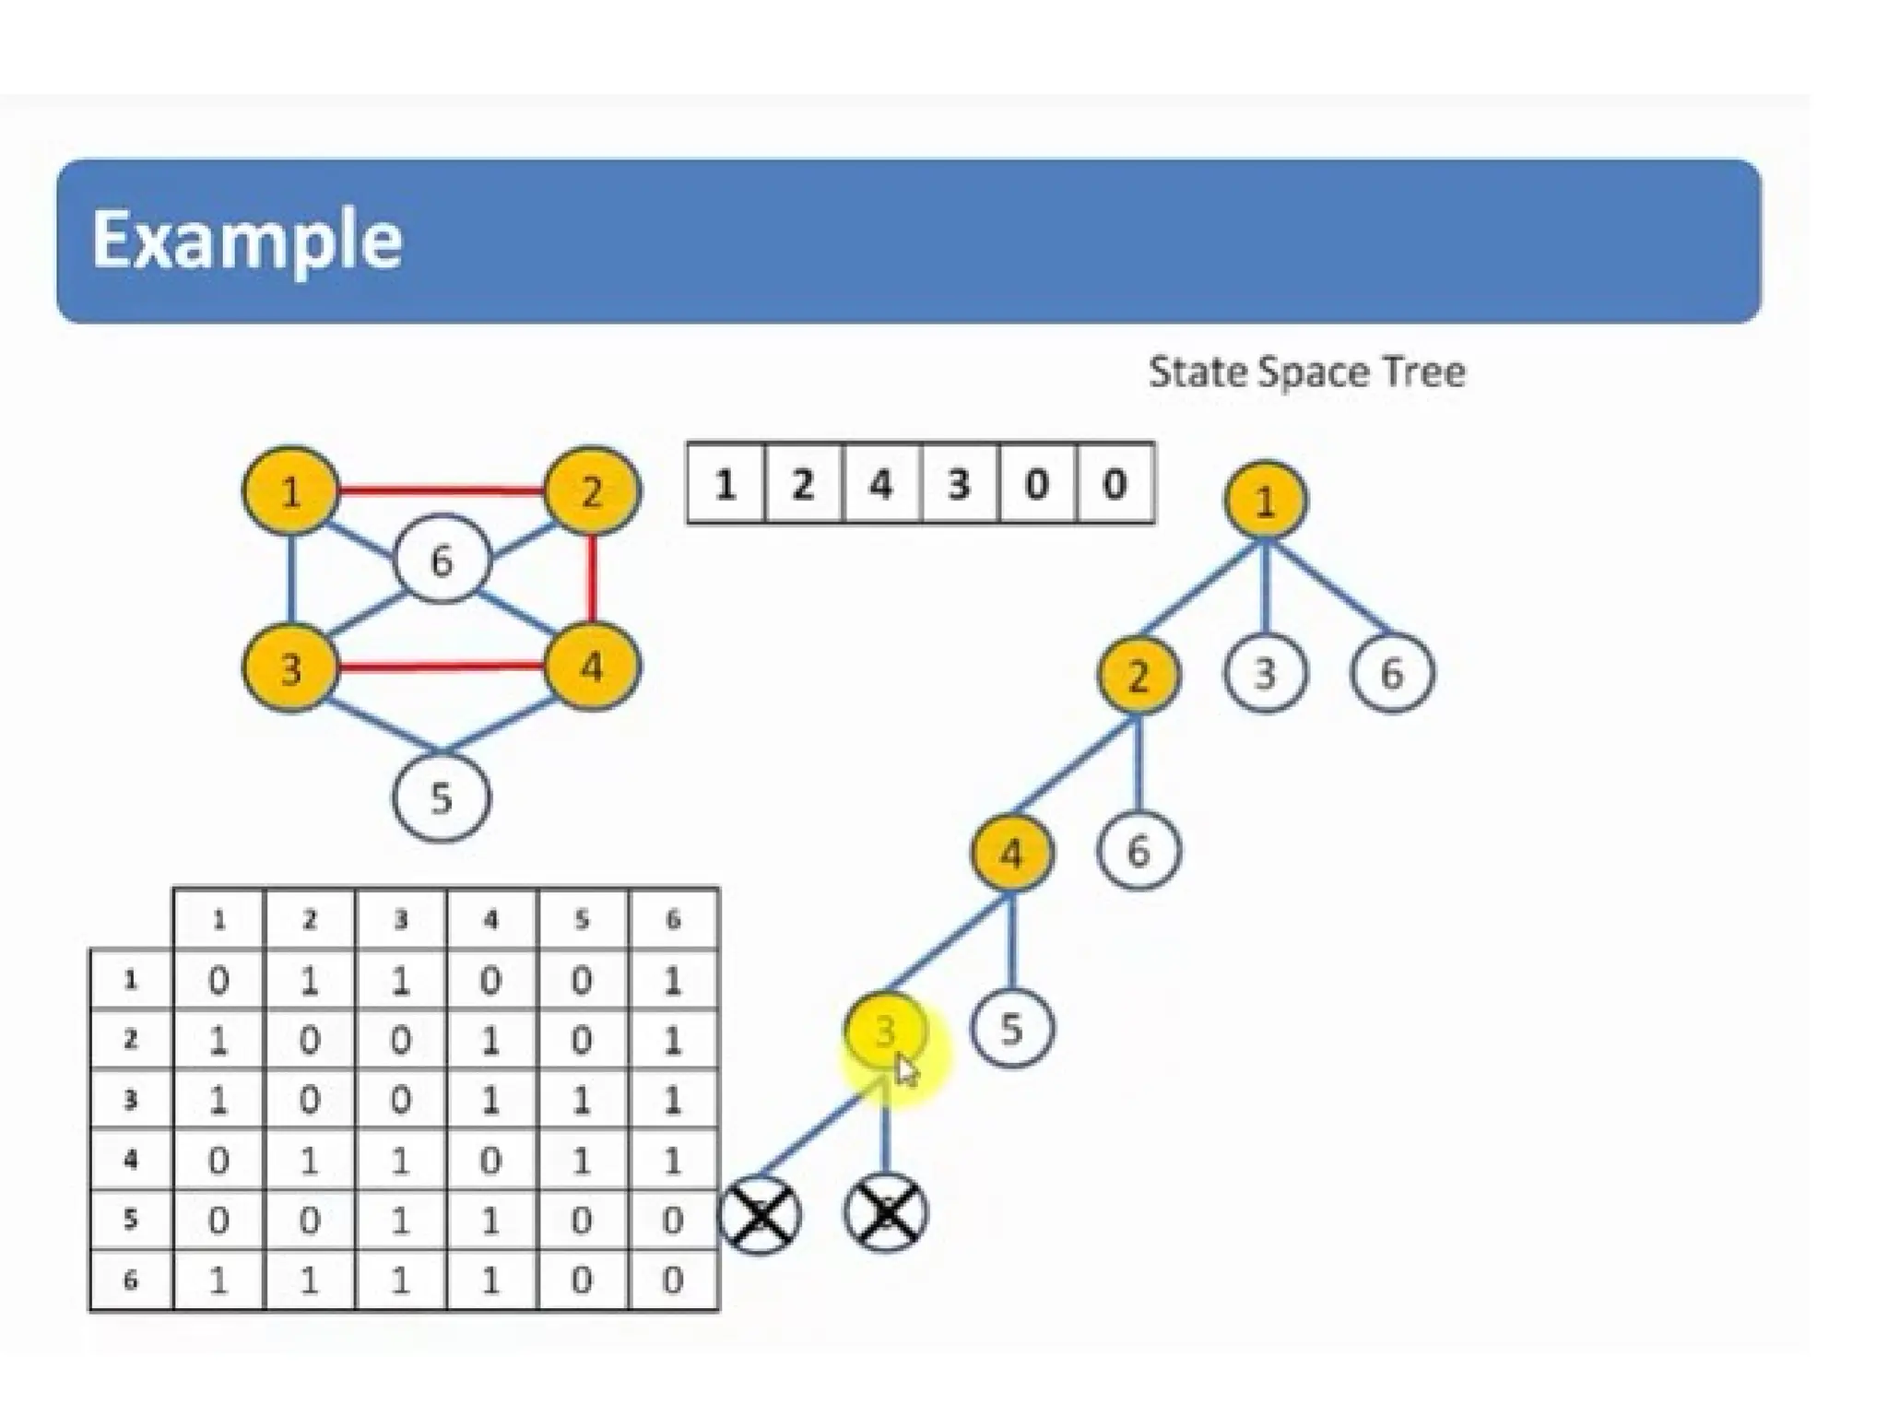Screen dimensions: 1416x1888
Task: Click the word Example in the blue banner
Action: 247,240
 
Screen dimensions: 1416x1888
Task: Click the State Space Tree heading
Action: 1306,372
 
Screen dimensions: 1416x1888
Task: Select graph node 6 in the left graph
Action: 442,560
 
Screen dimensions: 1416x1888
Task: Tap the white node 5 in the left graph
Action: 442,798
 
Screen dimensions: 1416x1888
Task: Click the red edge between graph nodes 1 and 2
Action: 441,491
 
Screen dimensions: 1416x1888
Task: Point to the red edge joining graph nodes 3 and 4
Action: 441,667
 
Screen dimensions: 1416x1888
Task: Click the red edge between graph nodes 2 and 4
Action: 592,579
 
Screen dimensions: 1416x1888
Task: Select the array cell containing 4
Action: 881,484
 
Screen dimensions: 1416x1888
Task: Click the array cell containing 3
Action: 959,484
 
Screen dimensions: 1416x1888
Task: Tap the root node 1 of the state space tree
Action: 1265,501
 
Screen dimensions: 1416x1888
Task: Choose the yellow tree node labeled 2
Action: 1139,676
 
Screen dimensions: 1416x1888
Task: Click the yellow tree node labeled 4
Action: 1011,854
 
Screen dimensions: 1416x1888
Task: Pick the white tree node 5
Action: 1011,1029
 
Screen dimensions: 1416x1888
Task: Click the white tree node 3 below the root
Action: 1265,674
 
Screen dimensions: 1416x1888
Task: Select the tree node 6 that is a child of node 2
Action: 1139,851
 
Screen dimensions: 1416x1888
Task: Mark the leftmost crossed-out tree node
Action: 759,1215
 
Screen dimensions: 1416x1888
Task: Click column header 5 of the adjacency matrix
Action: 582,919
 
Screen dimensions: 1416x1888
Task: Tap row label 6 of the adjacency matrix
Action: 131,1280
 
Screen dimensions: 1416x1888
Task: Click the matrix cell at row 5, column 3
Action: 400,1221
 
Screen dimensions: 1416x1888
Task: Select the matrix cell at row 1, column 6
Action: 672,981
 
